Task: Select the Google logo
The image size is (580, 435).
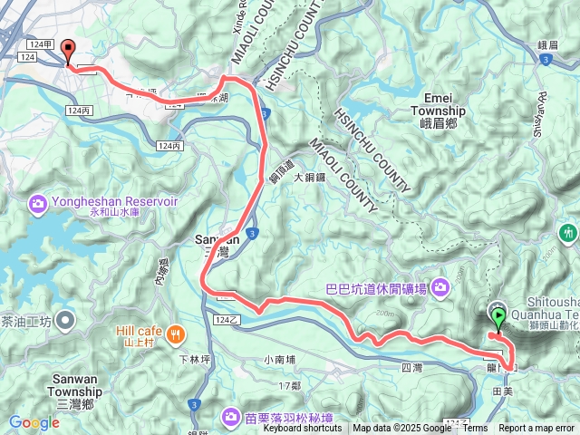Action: click(x=34, y=422)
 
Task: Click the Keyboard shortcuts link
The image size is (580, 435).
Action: click(x=303, y=429)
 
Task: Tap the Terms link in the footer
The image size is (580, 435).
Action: click(x=475, y=429)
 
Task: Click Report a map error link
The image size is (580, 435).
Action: click(x=536, y=429)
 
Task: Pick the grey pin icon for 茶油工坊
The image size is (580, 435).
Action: click(x=65, y=320)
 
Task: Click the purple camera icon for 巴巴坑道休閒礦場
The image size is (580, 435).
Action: click(x=440, y=288)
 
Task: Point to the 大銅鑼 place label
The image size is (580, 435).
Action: click(x=309, y=179)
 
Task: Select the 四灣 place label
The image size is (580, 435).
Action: click(x=411, y=368)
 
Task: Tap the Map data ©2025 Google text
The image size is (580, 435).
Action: click(x=401, y=429)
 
